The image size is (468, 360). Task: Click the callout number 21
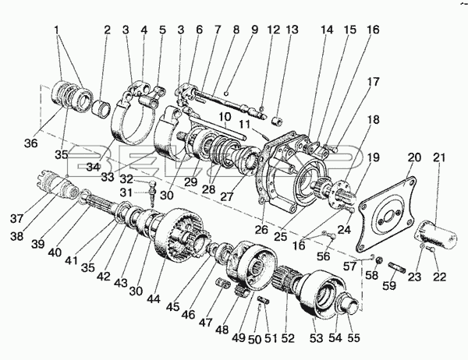coord(438,157)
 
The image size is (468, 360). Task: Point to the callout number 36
coord(31,143)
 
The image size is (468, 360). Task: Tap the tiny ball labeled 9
coord(227,94)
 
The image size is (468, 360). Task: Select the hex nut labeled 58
coord(379,259)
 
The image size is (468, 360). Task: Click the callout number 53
coord(316,338)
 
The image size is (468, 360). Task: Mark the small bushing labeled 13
coord(276,122)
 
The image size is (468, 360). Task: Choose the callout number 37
coord(16,219)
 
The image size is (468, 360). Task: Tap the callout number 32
coord(126,179)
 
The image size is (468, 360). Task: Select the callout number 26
coord(262,229)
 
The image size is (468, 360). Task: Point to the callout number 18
coord(373,119)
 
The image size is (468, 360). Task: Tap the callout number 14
coord(327,30)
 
